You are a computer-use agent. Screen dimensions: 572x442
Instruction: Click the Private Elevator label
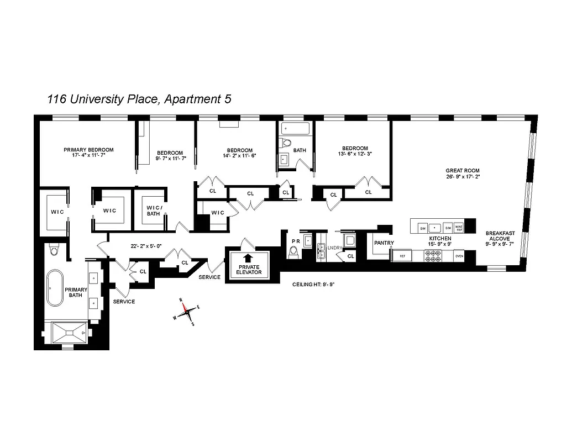(248, 269)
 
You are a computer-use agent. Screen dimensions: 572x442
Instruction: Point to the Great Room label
(463, 174)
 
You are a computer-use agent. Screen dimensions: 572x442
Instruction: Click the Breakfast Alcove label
(500, 238)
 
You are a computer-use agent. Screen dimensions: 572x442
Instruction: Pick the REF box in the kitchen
(402, 256)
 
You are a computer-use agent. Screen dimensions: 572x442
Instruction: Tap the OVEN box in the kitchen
(459, 256)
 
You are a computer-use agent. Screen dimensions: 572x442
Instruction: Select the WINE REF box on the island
(458, 227)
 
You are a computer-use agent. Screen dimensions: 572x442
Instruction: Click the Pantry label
(384, 243)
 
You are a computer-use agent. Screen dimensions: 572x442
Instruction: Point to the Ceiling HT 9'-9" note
(313, 285)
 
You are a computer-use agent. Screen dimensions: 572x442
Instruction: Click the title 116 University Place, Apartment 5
(139, 99)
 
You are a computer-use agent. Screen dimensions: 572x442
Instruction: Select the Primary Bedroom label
(88, 153)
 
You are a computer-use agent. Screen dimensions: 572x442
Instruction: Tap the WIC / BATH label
(153, 211)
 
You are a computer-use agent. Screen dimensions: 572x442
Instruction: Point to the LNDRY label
(335, 248)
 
